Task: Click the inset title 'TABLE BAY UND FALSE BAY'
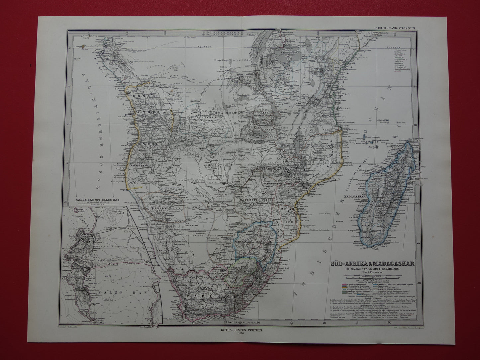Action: [95, 200]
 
